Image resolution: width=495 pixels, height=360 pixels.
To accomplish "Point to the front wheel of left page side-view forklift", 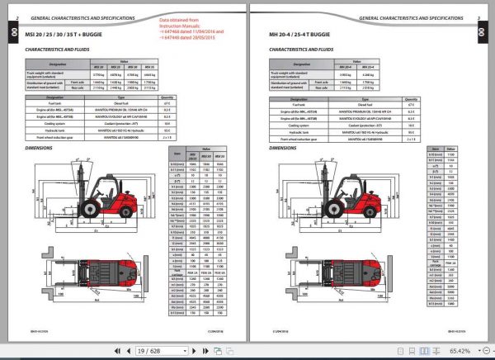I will [88, 224].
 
